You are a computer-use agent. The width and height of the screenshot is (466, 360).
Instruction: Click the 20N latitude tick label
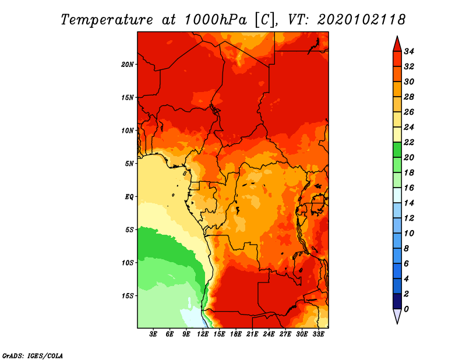[127, 65]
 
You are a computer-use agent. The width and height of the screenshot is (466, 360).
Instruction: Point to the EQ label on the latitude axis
[129, 197]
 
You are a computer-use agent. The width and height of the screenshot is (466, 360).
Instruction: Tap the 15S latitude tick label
[128, 296]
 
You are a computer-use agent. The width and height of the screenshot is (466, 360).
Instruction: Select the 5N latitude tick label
[129, 164]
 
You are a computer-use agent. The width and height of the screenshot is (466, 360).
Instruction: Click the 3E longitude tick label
[153, 334]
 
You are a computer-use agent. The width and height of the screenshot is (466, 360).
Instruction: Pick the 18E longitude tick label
[236, 334]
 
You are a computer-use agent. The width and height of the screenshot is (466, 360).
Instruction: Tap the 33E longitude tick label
[318, 334]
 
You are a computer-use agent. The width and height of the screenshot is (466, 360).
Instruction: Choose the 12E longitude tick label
[203, 334]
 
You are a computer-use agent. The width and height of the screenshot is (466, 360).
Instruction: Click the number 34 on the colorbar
[409, 51]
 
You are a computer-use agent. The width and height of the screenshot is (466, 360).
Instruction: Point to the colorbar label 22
[409, 142]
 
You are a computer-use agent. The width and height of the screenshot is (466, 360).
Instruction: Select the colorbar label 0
[406, 309]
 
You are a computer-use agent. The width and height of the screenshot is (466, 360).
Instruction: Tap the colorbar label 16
[409, 188]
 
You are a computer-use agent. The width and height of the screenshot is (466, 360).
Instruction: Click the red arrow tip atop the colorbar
[397, 37]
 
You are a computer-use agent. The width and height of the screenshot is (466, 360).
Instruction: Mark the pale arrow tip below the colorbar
[397, 323]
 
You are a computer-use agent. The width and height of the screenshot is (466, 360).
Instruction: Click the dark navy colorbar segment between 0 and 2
[397, 301]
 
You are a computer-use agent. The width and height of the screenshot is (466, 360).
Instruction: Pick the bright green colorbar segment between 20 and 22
[397, 150]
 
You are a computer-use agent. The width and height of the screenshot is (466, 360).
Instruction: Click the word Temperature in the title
[107, 20]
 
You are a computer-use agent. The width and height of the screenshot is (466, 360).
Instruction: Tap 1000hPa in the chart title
[216, 20]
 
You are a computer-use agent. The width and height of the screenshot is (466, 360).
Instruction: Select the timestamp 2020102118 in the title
[361, 20]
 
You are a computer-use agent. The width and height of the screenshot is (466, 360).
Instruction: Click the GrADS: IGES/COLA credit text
[33, 356]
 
